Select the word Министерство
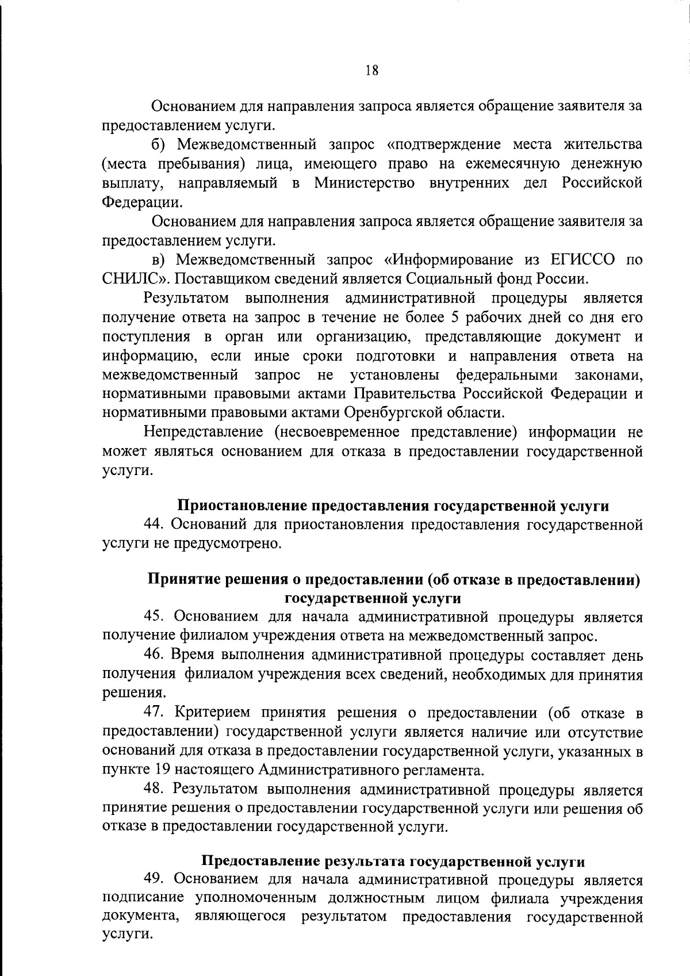(364, 183)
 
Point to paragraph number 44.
(154, 525)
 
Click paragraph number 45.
(154, 617)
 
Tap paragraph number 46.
(154, 655)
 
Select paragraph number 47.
(154, 713)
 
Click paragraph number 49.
(154, 880)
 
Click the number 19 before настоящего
(163, 770)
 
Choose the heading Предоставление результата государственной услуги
(393, 862)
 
